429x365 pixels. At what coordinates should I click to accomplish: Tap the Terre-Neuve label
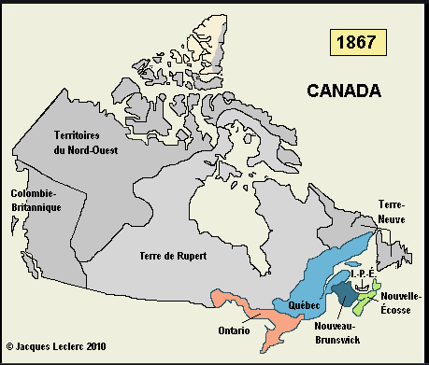click(x=391, y=211)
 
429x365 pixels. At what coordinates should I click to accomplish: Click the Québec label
click(x=304, y=305)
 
